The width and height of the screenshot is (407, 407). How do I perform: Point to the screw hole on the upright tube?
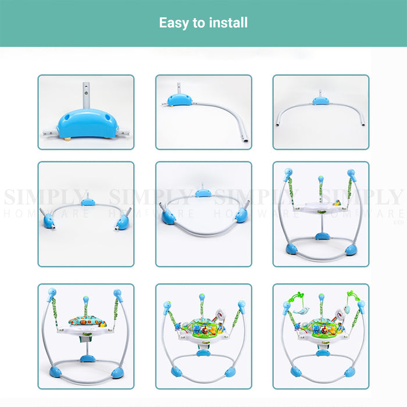(x=86, y=92)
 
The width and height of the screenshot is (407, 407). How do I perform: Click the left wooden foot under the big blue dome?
(x=68, y=138)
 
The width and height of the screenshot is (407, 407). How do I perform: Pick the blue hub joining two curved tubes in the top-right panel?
(x=321, y=101)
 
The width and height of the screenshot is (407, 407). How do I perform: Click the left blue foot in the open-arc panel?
(x=48, y=222)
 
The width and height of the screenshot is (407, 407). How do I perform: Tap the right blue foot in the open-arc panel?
(x=122, y=223)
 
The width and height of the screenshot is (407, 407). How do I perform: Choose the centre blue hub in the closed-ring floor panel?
(x=203, y=193)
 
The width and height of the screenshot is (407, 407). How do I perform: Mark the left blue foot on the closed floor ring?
(x=168, y=217)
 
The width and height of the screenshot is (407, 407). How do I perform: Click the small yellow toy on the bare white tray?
(x=337, y=203)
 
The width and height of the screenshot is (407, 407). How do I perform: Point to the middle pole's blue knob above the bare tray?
(x=321, y=179)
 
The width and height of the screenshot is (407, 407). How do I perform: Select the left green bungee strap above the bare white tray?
(x=291, y=191)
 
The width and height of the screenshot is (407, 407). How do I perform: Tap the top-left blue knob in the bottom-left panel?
(x=52, y=294)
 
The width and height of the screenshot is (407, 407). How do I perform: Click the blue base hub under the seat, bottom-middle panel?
(x=203, y=353)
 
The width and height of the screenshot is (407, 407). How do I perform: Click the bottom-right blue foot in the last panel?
(x=349, y=372)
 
